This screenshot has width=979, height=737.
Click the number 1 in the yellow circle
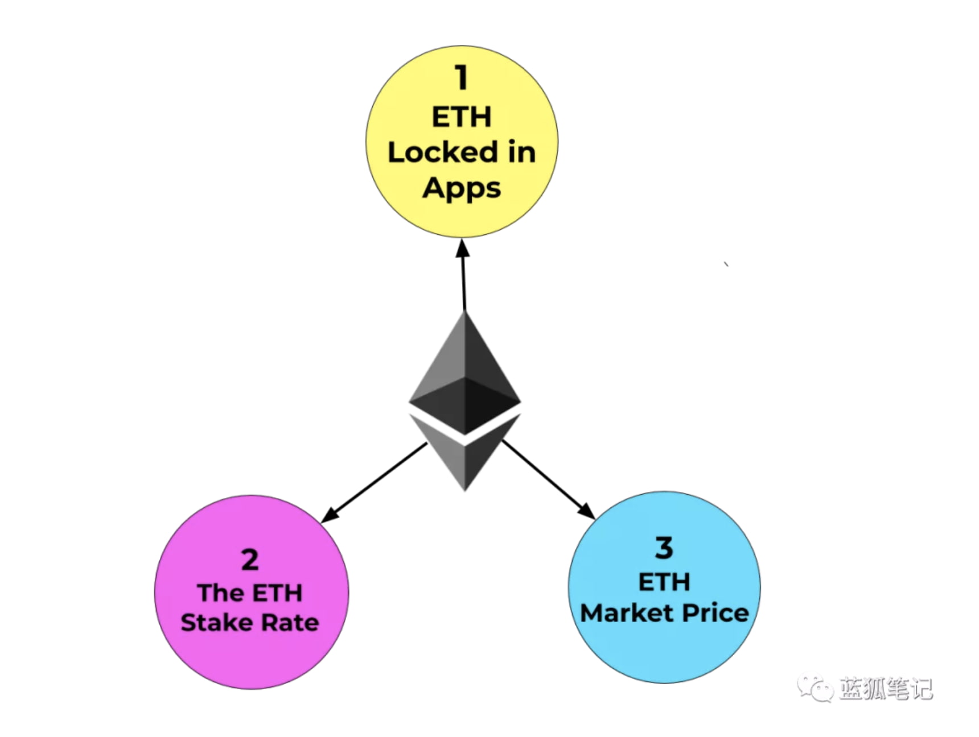462,77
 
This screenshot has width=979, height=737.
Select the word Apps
462,189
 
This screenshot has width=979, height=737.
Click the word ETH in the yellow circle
462,117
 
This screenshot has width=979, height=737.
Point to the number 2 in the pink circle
250,560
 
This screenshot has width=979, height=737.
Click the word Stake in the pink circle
218,623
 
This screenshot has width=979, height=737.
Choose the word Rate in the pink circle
290,623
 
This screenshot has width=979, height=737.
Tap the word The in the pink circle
221,593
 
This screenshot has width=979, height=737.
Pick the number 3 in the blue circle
664,548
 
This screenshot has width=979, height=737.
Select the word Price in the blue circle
715,613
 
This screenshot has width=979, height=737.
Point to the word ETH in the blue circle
664,582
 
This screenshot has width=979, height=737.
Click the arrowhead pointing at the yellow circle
463,249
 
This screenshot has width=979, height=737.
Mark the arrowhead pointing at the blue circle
586,510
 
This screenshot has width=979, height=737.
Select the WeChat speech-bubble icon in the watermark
815,688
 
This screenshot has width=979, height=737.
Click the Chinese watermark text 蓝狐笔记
886,689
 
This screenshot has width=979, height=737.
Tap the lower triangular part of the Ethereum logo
465,455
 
